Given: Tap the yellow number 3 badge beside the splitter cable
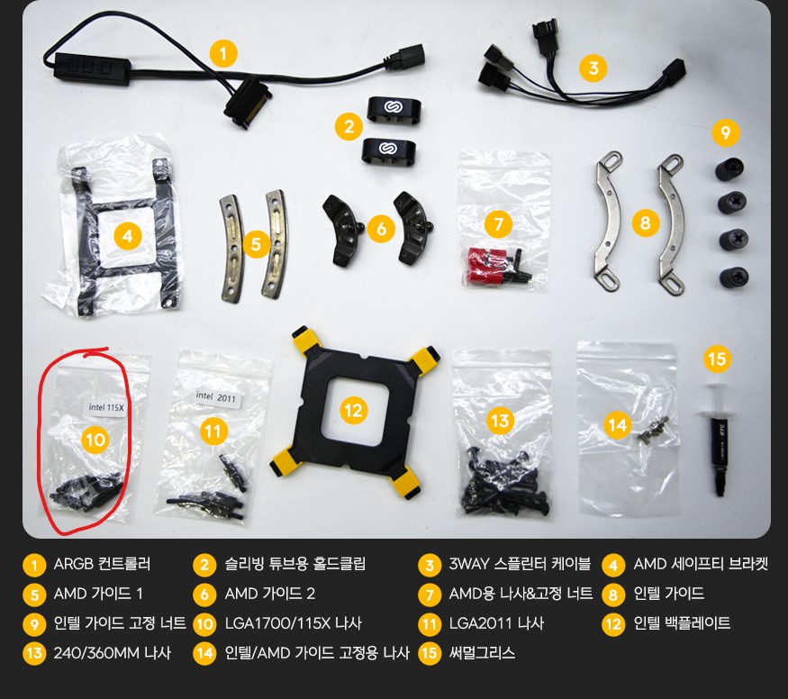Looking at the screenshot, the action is [x=593, y=68].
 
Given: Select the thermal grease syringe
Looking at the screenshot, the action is [x=718, y=439].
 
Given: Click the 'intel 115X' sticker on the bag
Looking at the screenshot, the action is [x=105, y=407].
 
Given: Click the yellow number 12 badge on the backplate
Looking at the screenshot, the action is [x=354, y=411].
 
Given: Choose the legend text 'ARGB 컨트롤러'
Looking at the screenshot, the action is [x=102, y=564].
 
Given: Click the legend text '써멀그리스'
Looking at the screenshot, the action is [x=482, y=653].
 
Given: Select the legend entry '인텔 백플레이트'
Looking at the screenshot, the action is [x=682, y=623].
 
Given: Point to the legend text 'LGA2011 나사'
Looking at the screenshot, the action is [x=496, y=623].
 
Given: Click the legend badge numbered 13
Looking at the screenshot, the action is [x=34, y=653].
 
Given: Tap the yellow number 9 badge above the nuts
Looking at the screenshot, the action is [x=725, y=132].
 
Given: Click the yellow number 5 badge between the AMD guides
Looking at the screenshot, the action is [x=257, y=244].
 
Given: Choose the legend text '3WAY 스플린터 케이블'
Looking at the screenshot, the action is [x=520, y=564].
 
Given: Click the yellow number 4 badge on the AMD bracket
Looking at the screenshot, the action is [x=128, y=236].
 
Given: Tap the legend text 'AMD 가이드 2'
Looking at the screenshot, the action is [x=270, y=594].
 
